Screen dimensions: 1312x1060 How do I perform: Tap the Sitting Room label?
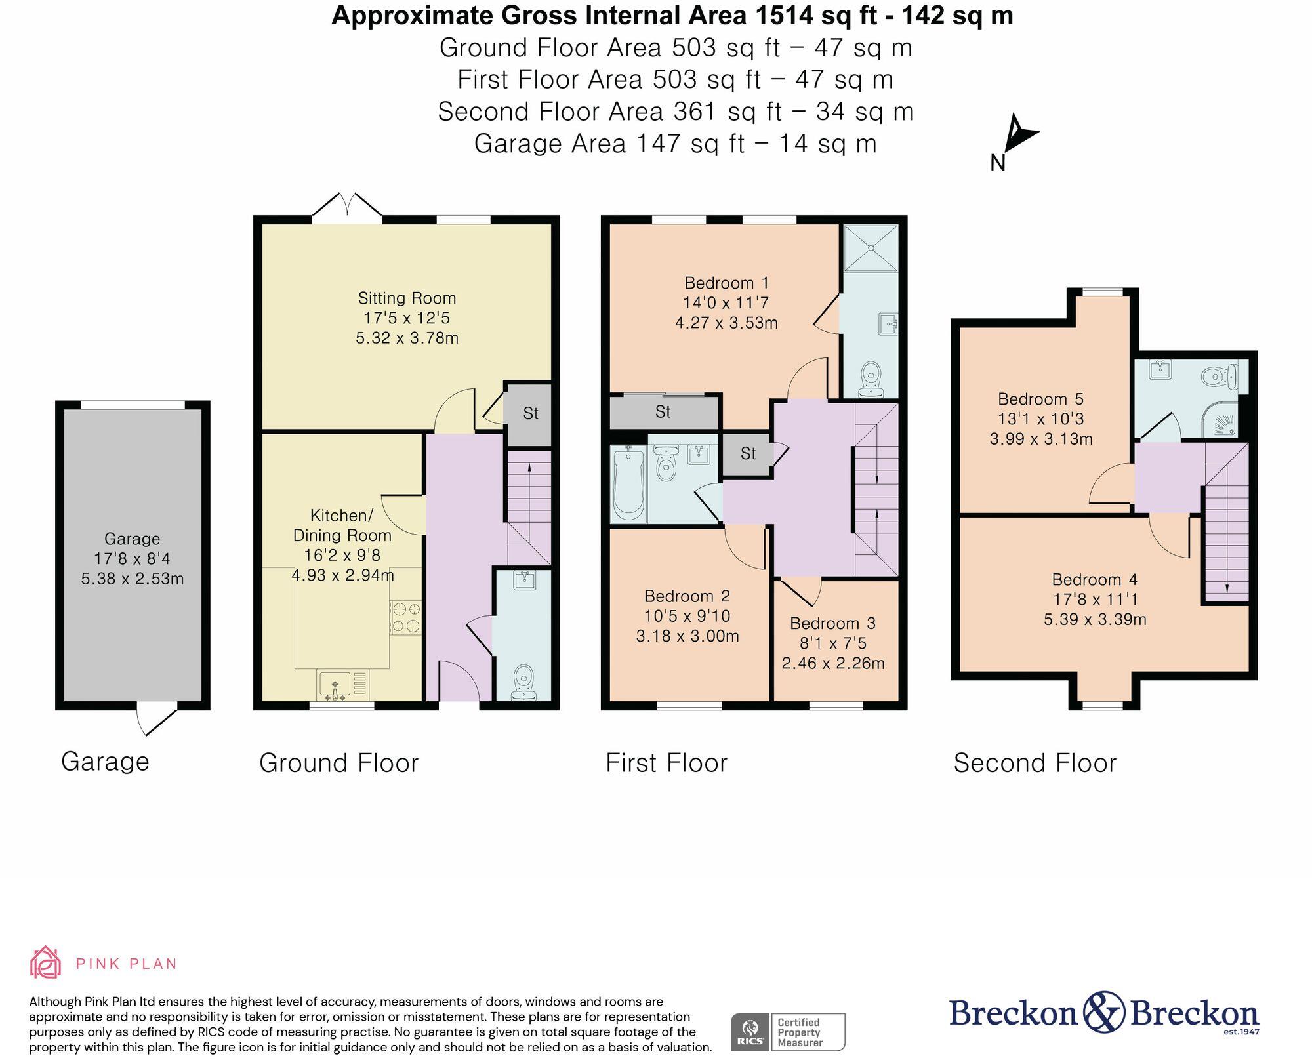(407, 298)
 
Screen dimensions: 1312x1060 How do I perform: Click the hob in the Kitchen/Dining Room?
(405, 618)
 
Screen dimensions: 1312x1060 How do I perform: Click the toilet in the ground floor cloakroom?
(523, 682)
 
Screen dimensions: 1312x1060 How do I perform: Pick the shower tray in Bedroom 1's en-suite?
(871, 248)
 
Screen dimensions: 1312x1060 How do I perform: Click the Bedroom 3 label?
(832, 623)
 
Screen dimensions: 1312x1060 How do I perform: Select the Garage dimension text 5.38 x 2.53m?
(133, 579)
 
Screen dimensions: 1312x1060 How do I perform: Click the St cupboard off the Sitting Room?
(529, 414)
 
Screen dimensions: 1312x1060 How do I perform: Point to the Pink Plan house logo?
(45, 962)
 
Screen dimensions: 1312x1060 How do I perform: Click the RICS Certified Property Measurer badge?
(788, 1032)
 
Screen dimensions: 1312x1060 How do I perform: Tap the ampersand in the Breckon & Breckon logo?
(1104, 1012)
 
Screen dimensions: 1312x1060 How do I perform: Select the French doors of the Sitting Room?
(347, 207)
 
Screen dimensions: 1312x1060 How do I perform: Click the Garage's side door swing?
(156, 719)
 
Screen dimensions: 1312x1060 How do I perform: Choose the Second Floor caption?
(1035, 763)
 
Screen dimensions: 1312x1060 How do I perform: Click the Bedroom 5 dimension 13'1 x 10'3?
(1041, 419)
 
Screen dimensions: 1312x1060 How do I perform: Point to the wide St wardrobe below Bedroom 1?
(663, 412)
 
